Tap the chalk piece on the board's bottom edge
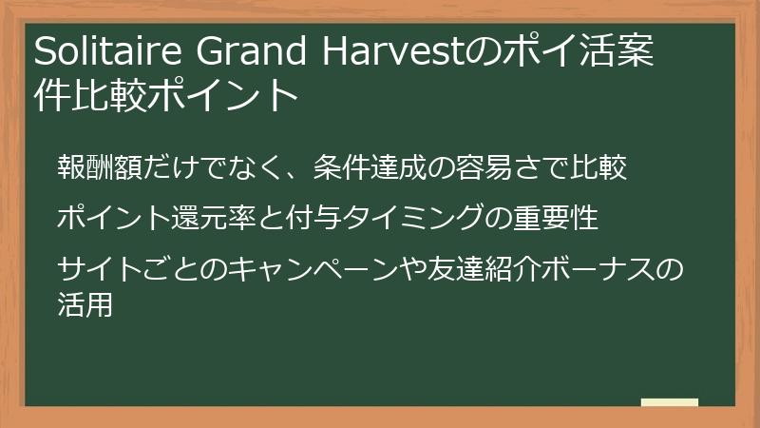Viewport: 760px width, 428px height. [x=669, y=403]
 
